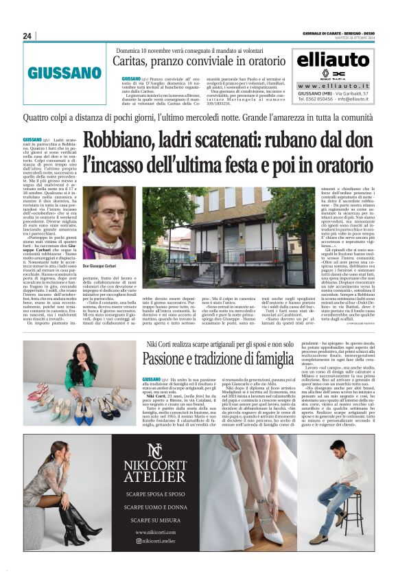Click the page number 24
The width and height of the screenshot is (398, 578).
click(x=27, y=36)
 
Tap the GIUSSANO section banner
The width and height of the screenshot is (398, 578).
click(x=65, y=72)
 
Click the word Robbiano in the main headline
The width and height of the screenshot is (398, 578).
click(x=119, y=140)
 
